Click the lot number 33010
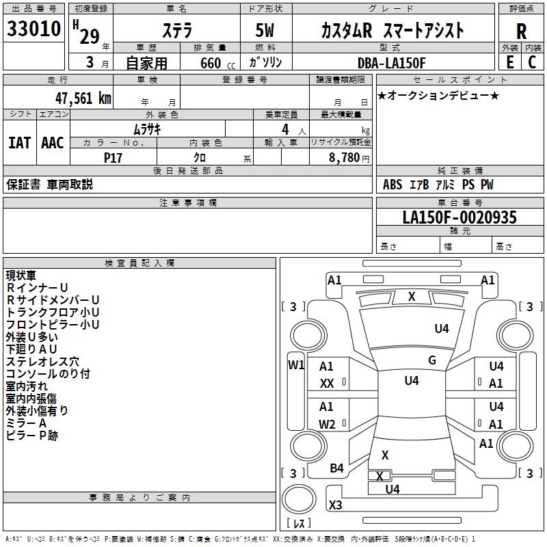tap(34, 30)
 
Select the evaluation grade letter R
tap(521, 31)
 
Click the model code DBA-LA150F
tap(391, 63)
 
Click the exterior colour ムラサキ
tap(147, 129)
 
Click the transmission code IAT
tap(19, 142)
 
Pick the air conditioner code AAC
tap(53, 142)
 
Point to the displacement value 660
tap(210, 63)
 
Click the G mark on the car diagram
tap(431, 360)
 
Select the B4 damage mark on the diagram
tap(336, 468)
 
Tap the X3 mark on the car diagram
tap(335, 505)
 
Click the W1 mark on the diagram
tap(296, 364)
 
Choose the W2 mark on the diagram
tap(327, 424)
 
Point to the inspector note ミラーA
tap(26, 423)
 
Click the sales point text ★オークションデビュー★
tap(438, 95)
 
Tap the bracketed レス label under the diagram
tap(299, 523)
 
